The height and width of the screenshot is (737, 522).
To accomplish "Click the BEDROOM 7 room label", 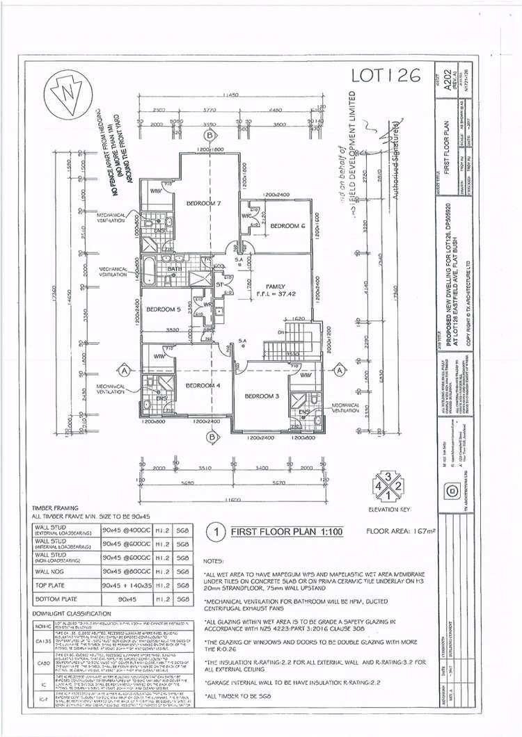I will [x=203, y=203].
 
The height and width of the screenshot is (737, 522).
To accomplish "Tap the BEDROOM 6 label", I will [x=287, y=226].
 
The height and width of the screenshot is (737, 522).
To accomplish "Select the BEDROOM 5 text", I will [x=164, y=309].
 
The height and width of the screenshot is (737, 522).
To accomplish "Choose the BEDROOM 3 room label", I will [x=262, y=396].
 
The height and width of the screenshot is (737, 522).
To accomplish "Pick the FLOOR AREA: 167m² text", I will [x=400, y=532].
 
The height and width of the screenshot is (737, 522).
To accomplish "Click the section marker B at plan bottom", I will [x=212, y=437].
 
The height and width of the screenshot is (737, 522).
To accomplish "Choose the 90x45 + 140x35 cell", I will [x=126, y=585].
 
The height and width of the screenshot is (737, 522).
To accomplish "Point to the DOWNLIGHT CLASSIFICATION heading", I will [x=72, y=613].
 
